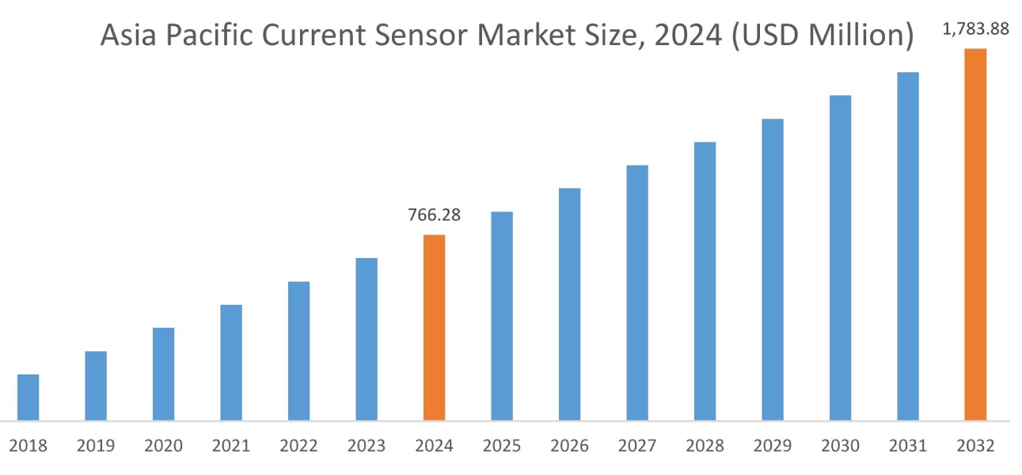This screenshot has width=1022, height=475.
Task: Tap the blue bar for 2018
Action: click(x=28, y=397)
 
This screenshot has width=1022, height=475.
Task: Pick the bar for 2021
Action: click(x=231, y=362)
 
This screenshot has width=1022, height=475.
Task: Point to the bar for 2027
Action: click(x=637, y=292)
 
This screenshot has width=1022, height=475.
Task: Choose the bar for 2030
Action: click(x=840, y=257)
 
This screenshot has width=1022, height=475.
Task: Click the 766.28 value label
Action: click(x=434, y=215)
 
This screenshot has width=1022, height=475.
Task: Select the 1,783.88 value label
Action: click(x=975, y=29)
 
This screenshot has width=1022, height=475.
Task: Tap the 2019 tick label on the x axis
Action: click(x=96, y=446)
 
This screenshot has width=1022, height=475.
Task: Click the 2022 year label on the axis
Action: click(x=298, y=446)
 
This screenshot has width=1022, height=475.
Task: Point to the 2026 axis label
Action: click(x=569, y=446)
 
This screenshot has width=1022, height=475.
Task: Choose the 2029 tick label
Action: click(x=773, y=446)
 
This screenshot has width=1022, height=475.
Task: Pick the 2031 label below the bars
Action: click(x=908, y=446)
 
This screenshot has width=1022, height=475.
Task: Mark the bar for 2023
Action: click(x=367, y=339)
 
